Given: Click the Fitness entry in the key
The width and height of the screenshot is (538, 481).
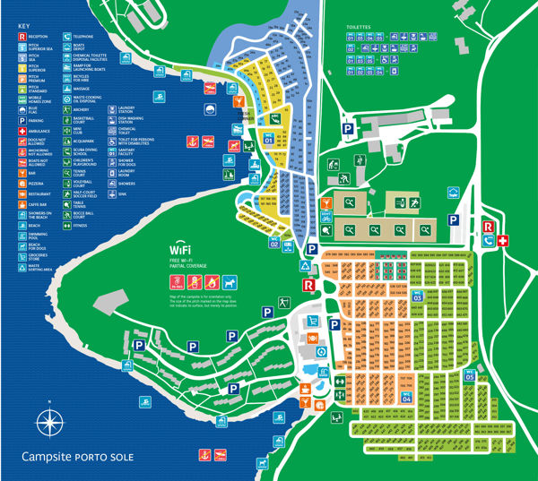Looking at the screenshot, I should (82, 225).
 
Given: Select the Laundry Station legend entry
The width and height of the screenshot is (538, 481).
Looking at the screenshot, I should (126, 108).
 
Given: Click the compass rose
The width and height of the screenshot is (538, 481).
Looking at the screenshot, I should (52, 420).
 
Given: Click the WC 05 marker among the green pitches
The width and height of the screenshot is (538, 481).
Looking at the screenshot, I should (469, 375).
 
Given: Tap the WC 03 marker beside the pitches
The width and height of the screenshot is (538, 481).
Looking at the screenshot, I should (417, 295).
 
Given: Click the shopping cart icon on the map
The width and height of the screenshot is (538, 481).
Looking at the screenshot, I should (313, 339).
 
